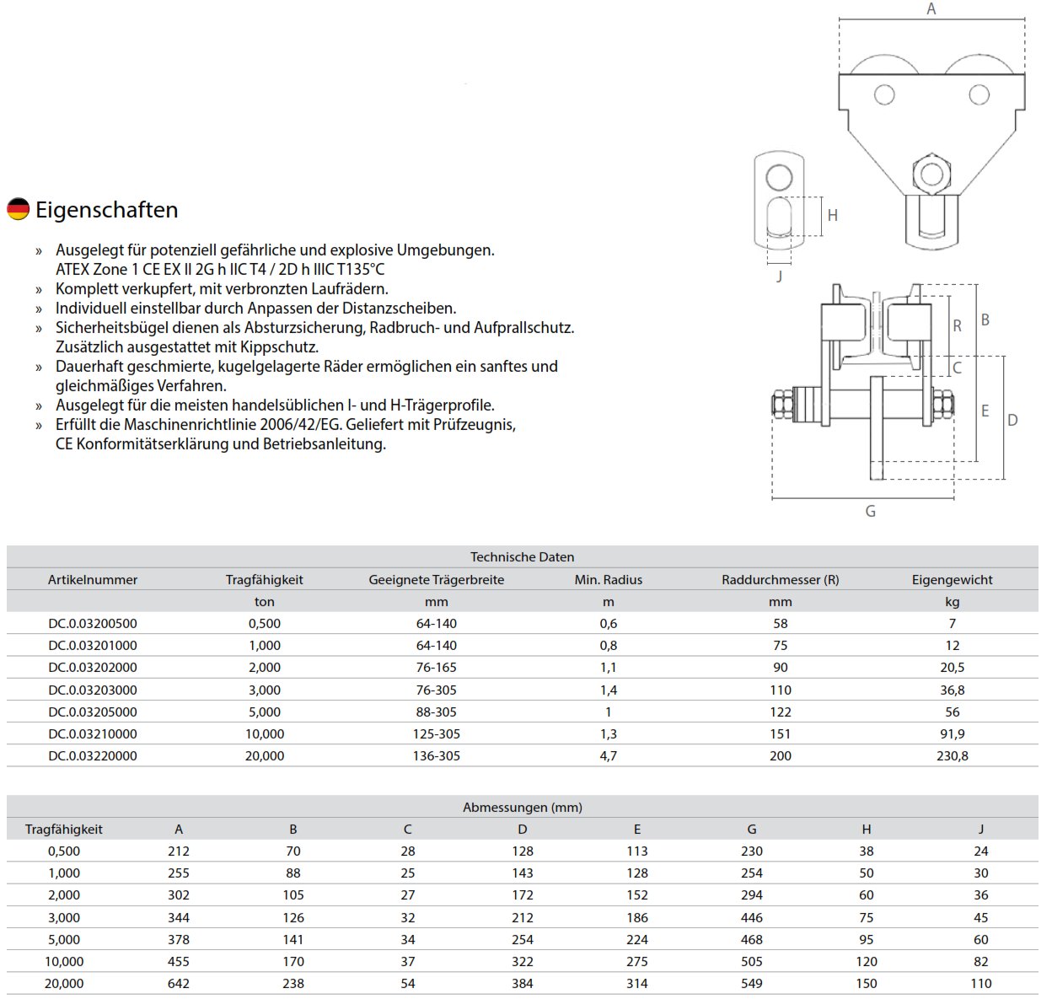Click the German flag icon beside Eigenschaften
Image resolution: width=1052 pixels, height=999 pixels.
pos(18,209)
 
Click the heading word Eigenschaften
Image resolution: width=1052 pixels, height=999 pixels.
pos(106,210)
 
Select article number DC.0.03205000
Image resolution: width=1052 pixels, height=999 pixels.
pos(93,712)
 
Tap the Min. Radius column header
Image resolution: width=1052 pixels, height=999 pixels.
pos(608,580)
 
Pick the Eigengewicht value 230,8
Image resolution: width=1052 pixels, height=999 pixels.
pos(952,756)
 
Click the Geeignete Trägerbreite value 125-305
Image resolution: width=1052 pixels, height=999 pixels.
pos(436,734)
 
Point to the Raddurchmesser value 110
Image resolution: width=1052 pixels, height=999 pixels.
pos(780,690)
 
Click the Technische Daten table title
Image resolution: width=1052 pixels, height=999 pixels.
pos(522,557)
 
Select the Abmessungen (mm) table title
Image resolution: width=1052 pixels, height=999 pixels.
pos(522,808)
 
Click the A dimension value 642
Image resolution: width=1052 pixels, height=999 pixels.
pos(179,984)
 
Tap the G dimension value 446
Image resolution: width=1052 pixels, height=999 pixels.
pos(751,917)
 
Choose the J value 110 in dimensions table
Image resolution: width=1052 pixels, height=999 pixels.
pos(980,984)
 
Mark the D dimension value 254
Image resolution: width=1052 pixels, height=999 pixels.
pos(522,939)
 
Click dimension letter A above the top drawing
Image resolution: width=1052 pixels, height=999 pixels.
pos(931,9)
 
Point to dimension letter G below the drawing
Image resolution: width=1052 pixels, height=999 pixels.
pos(870,511)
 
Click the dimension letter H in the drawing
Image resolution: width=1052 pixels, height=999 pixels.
pos(832,216)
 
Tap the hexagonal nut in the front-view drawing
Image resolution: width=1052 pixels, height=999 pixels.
pos(931,175)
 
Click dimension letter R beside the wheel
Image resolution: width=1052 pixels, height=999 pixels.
pos(957,325)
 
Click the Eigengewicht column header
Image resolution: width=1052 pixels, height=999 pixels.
pos(952,580)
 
